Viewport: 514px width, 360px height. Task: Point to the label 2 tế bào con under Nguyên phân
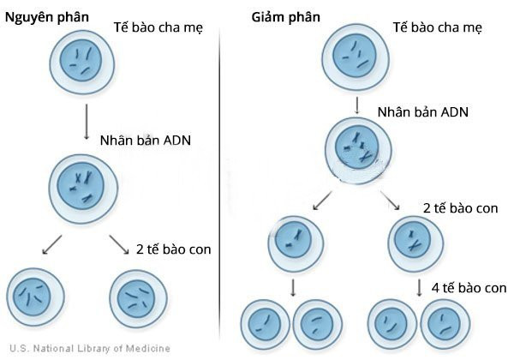173,249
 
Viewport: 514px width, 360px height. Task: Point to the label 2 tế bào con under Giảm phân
461,207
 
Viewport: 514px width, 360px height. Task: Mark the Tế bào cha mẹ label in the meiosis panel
436,27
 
